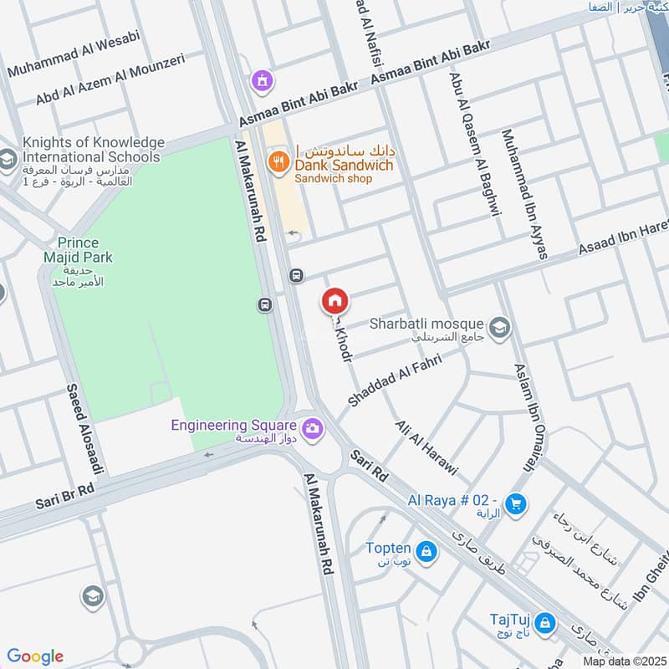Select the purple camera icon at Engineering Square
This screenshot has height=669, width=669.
[x=313, y=428]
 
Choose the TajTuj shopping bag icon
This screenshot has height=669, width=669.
[x=545, y=622]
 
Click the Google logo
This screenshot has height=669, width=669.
[x=35, y=656]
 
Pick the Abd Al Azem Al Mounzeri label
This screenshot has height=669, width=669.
[x=110, y=81]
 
